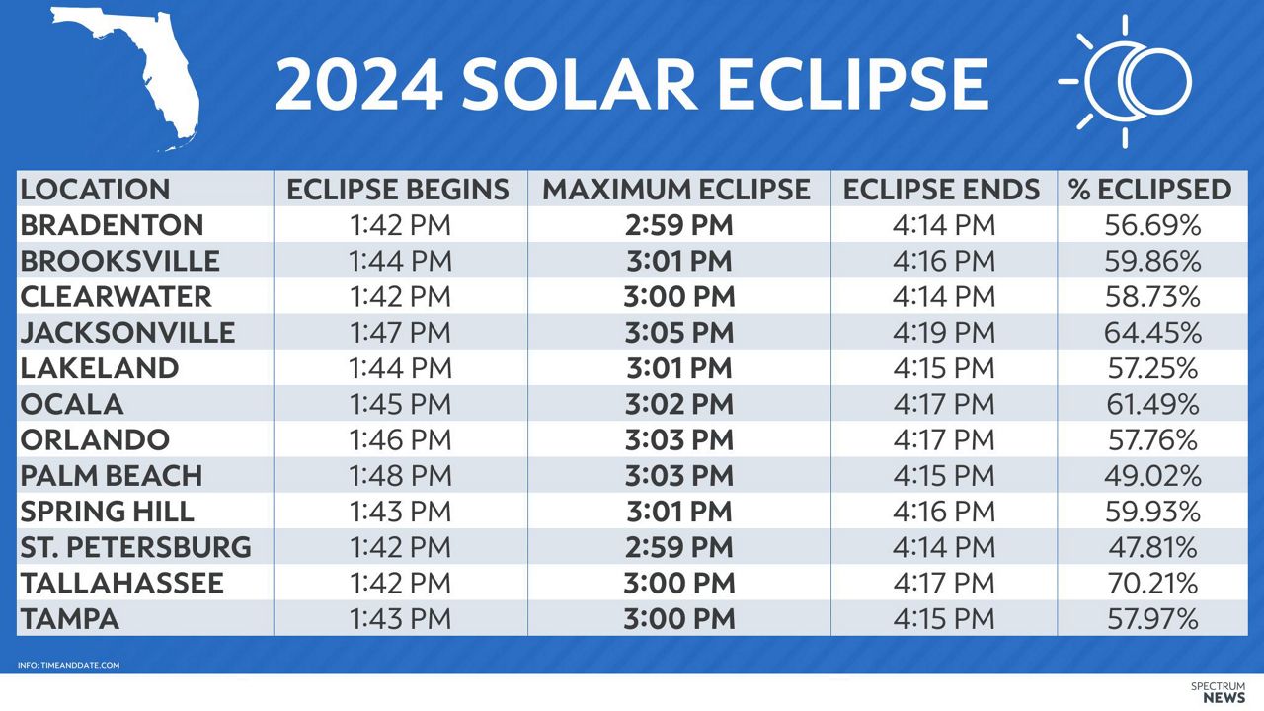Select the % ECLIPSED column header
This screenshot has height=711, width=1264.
1150,190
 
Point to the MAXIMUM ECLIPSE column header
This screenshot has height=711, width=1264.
677,190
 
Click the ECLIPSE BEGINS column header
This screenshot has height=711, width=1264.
399,190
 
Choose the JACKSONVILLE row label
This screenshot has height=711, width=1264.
127,333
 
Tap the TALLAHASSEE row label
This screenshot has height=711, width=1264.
121,583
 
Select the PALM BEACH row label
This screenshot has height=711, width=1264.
111,476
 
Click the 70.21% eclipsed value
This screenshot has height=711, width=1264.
1152,583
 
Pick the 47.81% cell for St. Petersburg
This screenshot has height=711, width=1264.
1152,547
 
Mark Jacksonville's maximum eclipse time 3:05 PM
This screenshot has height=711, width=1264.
679,333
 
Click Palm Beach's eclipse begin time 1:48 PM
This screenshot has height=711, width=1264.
400,476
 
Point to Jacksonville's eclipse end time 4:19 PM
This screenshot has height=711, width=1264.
944,333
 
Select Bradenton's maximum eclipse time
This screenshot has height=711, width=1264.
679,226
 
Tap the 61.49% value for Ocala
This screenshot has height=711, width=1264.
1152,404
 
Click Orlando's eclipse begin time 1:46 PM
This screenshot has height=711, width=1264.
400,440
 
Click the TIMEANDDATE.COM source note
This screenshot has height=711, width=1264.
68,665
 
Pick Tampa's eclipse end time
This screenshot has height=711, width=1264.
944,619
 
